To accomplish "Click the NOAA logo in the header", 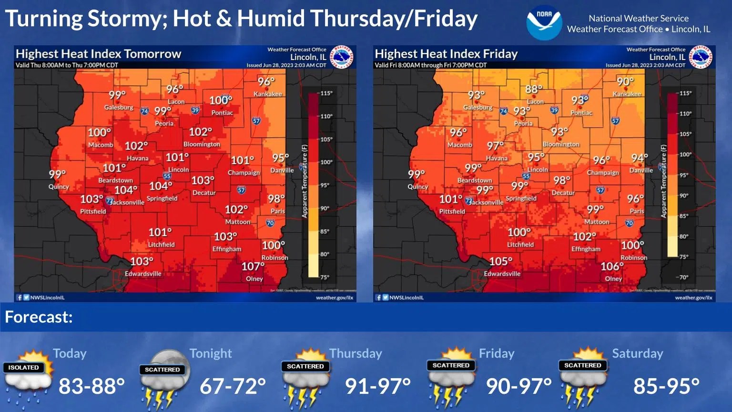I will point(544,22).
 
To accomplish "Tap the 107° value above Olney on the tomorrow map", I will point(253,267).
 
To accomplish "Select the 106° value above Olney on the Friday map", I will point(612,267).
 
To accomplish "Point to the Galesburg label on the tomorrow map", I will point(119,107).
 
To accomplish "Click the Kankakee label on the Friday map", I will point(627,94).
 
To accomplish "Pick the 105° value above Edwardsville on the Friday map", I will point(501,262).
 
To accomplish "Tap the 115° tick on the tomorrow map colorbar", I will point(326,93).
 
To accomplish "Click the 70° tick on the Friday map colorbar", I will point(684,277).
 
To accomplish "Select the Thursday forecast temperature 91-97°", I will point(378,386).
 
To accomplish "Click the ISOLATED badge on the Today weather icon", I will point(23,367).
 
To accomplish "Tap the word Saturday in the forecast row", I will point(637,353).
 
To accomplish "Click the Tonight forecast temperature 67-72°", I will point(233,386).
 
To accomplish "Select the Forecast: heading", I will point(39,317).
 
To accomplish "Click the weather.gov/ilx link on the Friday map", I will point(693,298).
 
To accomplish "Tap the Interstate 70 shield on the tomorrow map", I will point(270,223).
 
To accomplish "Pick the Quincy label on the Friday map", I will point(417,186).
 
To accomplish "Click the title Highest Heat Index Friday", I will point(446,54).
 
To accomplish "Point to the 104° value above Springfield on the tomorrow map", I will point(161,186).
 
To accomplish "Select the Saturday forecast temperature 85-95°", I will point(666,386).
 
